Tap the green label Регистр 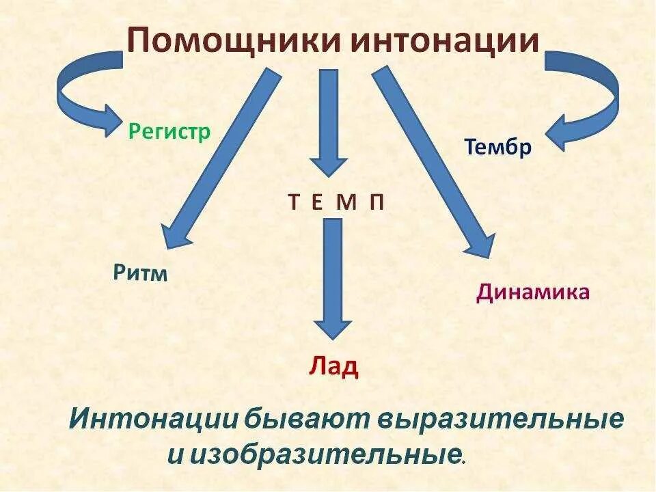169,131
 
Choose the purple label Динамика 533,292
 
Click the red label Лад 333,366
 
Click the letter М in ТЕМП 348,203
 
